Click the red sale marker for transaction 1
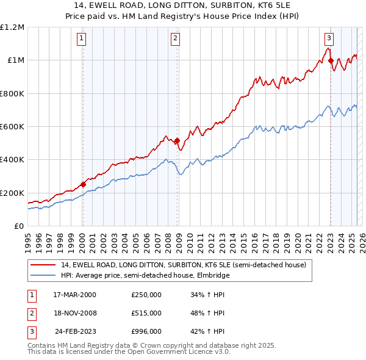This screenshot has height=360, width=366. [x=83, y=184]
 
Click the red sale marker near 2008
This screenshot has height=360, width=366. [x=178, y=141]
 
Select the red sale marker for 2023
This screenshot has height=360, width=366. [x=331, y=60]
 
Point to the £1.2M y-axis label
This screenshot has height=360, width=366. [x=12, y=27]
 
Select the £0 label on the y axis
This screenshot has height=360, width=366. [x=18, y=226]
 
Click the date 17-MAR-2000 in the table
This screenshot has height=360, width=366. [x=74, y=295]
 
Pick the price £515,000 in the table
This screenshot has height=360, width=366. [x=146, y=313]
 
